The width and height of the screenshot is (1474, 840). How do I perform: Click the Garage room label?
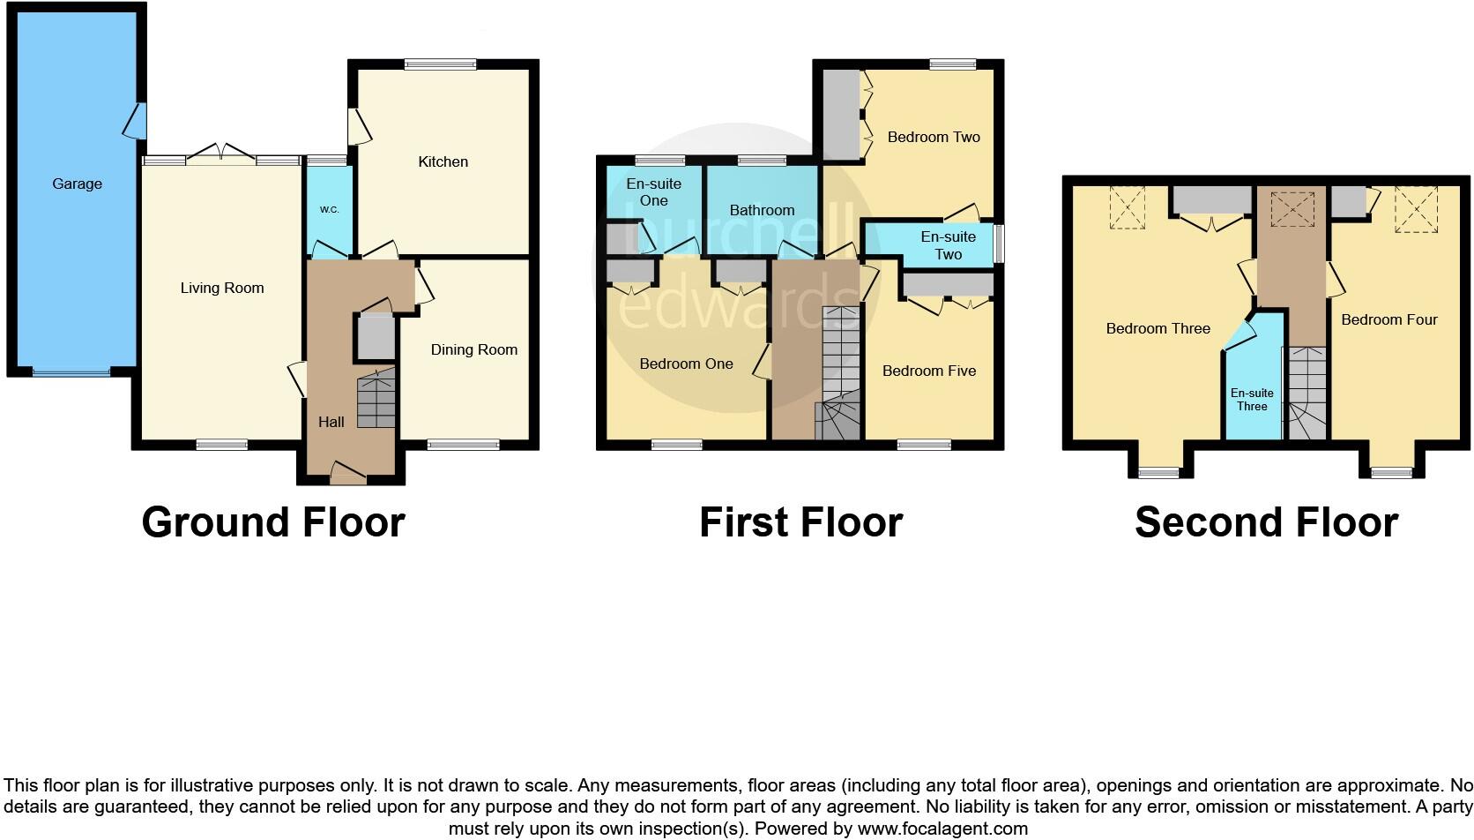(x=77, y=184)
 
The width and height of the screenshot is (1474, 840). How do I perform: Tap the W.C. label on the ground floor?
(x=329, y=210)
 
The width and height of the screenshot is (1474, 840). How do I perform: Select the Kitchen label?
(x=443, y=161)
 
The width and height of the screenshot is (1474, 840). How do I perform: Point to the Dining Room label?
(x=473, y=349)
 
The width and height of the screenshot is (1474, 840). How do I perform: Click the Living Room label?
(x=221, y=288)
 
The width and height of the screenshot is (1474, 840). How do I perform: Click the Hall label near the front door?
(x=331, y=422)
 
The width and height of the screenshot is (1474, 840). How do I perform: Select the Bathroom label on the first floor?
(x=762, y=210)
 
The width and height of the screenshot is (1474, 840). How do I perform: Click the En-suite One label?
(x=653, y=191)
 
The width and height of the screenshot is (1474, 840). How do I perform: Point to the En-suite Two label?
(x=948, y=245)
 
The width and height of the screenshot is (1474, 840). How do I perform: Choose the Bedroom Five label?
(x=928, y=371)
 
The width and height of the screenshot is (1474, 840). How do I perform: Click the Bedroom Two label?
(x=934, y=137)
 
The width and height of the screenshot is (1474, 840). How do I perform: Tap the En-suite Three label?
(x=1251, y=400)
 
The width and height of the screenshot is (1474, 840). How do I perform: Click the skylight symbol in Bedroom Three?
(x=1127, y=208)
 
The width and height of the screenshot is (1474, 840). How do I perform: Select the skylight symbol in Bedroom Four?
(x=1415, y=210)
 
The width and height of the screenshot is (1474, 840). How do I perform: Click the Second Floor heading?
(x=1266, y=522)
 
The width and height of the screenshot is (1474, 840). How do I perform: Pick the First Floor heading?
(x=800, y=522)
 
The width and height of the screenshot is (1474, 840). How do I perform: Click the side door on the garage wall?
(x=136, y=121)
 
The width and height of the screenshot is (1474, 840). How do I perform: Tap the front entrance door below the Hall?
(x=347, y=474)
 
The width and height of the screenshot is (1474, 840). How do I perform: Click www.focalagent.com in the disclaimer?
(x=942, y=829)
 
